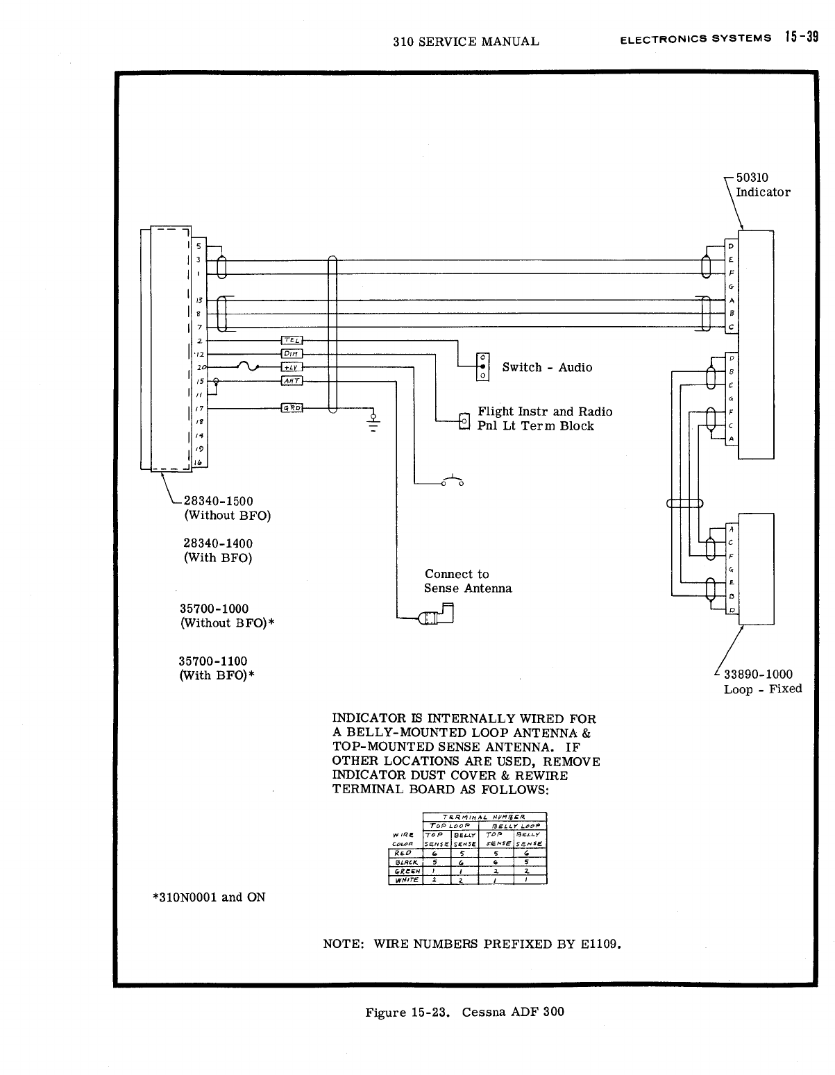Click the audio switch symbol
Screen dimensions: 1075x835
pyautogui.click(x=482, y=366)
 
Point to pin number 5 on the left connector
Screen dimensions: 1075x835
pyautogui.click(x=199, y=246)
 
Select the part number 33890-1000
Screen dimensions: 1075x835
pyautogui.click(x=758, y=674)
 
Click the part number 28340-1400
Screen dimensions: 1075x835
pyautogui.click(x=217, y=543)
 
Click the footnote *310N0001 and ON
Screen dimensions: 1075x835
pyautogui.click(x=208, y=897)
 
